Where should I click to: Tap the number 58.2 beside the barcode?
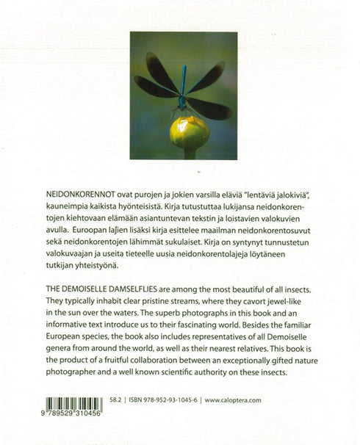click(x=115, y=401)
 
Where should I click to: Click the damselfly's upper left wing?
click(x=160, y=69)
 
